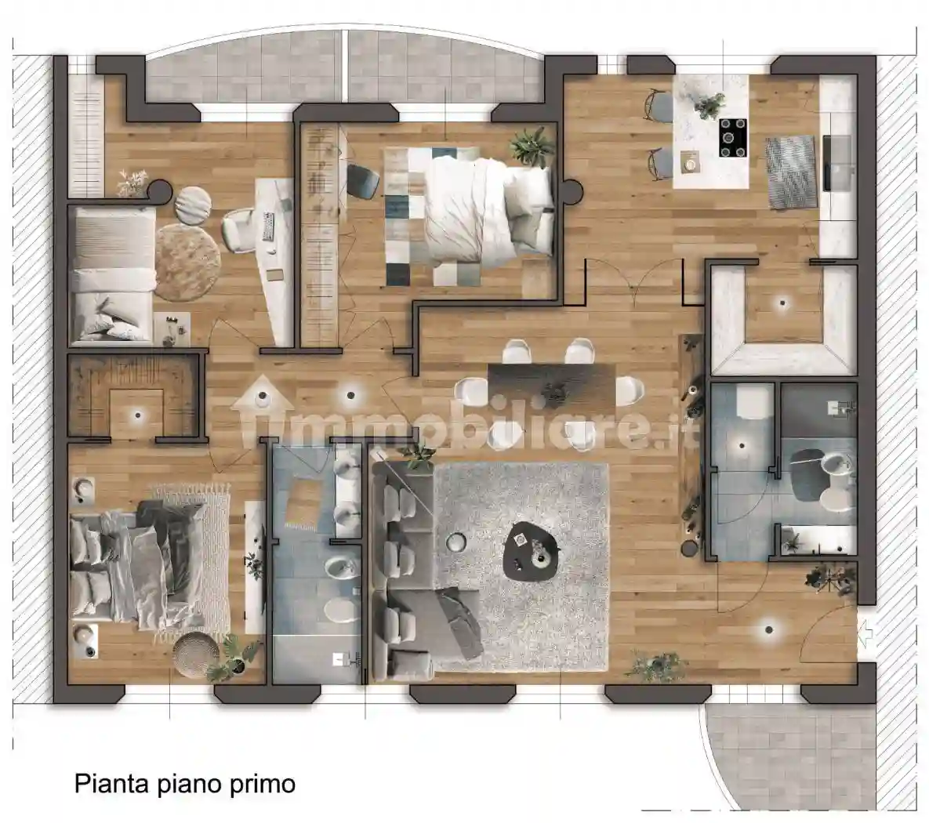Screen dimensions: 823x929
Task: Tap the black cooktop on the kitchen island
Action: (734, 138)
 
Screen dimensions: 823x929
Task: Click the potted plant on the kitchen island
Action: (710, 103)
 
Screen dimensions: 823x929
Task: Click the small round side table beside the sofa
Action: (455, 542)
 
